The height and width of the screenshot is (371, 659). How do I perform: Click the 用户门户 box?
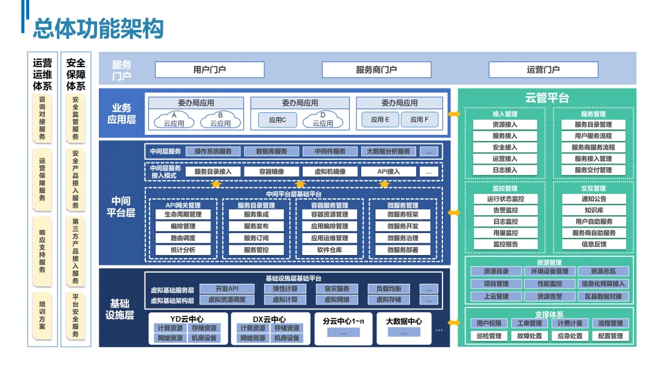pyautogui.click(x=209, y=70)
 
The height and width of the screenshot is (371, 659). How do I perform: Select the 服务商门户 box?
pyautogui.click(x=376, y=70)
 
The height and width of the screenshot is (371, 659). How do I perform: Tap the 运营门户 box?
pyautogui.click(x=543, y=70)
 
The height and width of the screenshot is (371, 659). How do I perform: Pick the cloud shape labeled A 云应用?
pyautogui.click(x=174, y=120)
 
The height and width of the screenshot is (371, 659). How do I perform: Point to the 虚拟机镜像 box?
pyautogui.click(x=329, y=172)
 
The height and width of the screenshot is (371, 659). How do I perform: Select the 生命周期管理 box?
pyautogui.click(x=182, y=215)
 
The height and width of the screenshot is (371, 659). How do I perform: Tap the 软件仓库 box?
pyautogui.click(x=329, y=250)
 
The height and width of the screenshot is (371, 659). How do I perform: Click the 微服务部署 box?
pyautogui.click(x=403, y=250)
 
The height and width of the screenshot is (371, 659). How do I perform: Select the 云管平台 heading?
pyautogui.click(x=547, y=98)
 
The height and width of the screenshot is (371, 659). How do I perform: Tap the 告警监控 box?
pyautogui.click(x=505, y=211)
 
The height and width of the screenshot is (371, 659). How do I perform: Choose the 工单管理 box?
pyautogui.click(x=529, y=323)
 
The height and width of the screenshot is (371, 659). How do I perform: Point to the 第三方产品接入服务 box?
pyautogui.click(x=76, y=251)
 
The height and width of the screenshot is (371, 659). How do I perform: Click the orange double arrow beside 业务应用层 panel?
pyautogui.click(x=454, y=114)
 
